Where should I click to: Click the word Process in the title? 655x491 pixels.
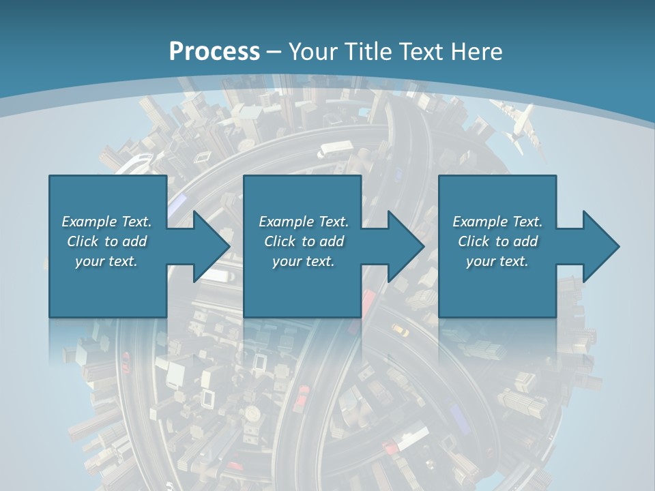pyautogui.click(x=214, y=52)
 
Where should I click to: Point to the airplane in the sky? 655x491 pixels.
pyautogui.click(x=516, y=127)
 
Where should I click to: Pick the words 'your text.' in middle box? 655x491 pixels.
pyautogui.click(x=304, y=261)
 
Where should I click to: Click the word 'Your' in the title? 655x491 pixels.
pyautogui.click(x=312, y=52)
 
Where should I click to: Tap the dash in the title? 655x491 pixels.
pyautogui.click(x=274, y=52)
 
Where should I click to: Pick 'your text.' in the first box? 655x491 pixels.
pyautogui.click(x=106, y=261)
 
